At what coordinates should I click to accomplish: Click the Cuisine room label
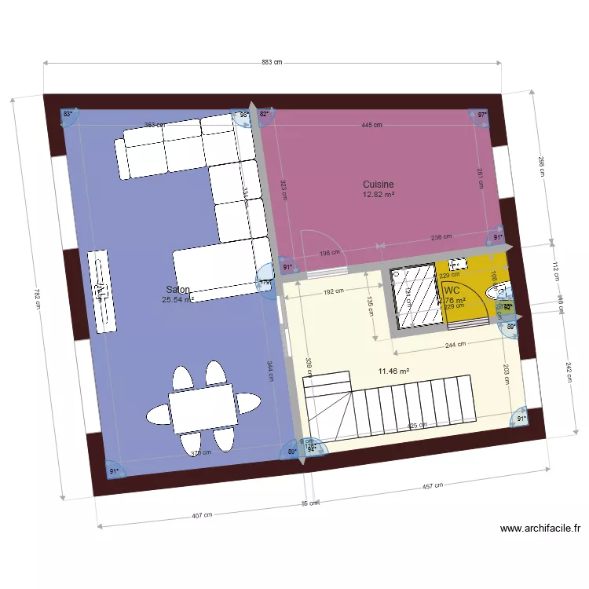378,185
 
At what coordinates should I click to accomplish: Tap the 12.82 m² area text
378,195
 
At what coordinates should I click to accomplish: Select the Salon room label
177,290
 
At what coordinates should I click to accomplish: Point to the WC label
452,290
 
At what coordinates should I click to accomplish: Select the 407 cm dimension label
201,516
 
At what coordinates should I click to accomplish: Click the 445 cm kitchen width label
371,125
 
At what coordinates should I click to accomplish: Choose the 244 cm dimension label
451,344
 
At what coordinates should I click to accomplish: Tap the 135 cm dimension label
371,304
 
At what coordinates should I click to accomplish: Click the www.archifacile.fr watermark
540,529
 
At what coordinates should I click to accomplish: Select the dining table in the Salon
203,408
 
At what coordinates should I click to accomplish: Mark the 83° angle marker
68,115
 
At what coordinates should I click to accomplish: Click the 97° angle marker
481,115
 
